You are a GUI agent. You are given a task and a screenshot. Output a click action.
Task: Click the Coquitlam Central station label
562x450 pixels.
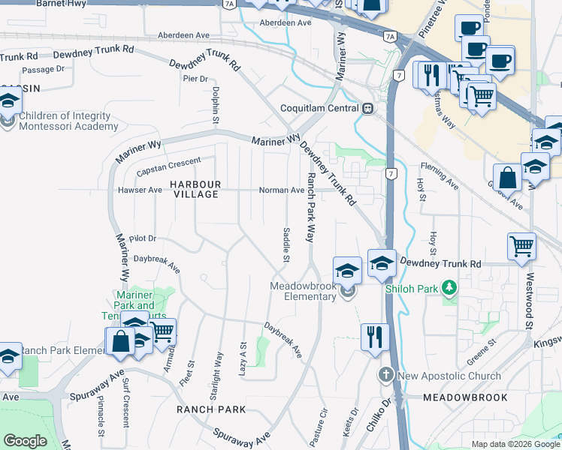pos(319,108)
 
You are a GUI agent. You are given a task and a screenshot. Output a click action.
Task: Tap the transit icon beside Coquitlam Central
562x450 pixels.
pos(368,108)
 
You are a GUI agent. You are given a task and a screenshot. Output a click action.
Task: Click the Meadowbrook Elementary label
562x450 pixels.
pos(304,290)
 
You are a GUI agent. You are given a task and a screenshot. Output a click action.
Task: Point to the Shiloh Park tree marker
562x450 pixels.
pos(449,287)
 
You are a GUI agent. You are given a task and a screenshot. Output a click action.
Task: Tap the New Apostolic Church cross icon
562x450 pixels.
pos(386,374)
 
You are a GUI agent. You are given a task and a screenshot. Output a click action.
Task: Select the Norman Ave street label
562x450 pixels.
pos(281,190)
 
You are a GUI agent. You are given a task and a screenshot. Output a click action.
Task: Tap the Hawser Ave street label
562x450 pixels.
pos(140,190)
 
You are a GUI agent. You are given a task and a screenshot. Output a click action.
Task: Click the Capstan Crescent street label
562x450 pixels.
pos(169,166)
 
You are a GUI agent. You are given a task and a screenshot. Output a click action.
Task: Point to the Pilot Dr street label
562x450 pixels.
pos(142,238)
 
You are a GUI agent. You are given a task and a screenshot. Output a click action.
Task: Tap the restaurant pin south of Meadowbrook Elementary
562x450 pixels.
pos(373,335)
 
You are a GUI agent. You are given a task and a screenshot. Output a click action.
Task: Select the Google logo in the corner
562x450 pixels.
pos(25,441)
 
